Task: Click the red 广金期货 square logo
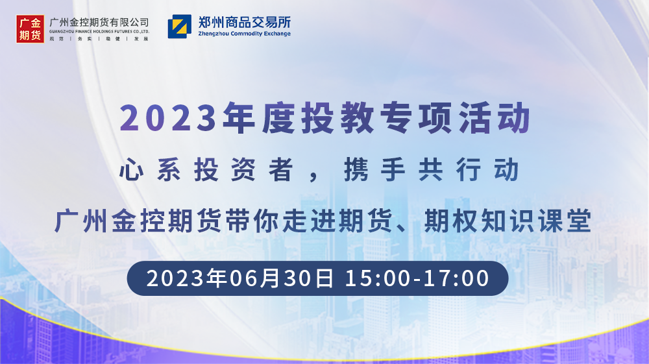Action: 31,29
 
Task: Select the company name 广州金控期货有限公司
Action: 99,22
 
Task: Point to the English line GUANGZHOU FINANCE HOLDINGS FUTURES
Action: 99,31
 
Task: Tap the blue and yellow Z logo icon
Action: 180,27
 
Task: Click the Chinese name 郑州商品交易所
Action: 245,22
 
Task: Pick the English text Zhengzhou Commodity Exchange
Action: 245,34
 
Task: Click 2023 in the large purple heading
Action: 168,118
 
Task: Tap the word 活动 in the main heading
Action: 495,118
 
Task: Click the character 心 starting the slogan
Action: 132,169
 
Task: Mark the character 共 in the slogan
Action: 431,169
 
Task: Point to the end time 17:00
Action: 457,278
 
